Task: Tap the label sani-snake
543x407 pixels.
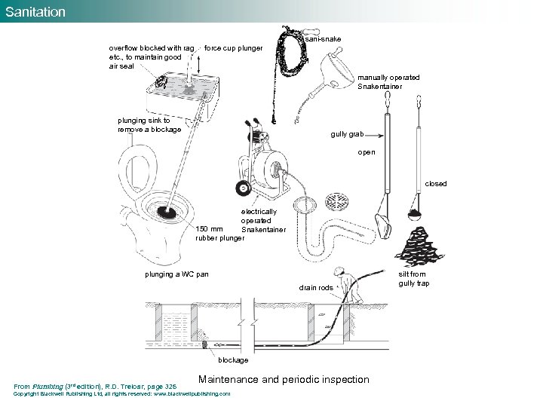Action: pyautogui.click(x=323, y=38)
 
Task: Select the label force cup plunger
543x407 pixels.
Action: pyautogui.click(x=233, y=49)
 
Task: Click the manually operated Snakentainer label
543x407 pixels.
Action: pyautogui.click(x=388, y=81)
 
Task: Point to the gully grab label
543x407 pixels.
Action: pyautogui.click(x=348, y=134)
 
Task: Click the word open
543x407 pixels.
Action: pyautogui.click(x=367, y=152)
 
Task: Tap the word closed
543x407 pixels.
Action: pyautogui.click(x=435, y=184)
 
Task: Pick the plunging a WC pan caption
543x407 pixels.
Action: pyautogui.click(x=176, y=274)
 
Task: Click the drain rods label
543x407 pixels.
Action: pyautogui.click(x=316, y=288)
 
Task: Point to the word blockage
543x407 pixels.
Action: pyautogui.click(x=233, y=360)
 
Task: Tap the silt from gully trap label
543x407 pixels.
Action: pyautogui.click(x=413, y=279)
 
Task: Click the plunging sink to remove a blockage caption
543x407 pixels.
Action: pyautogui.click(x=149, y=124)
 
